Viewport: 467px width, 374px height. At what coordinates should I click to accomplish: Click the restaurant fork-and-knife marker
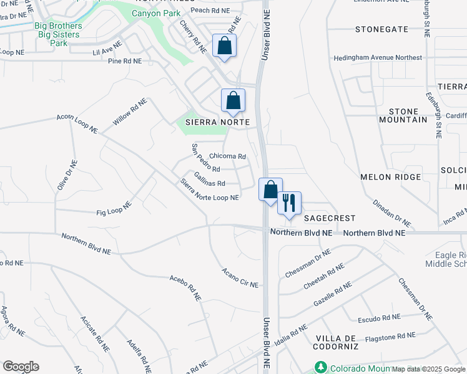tap(289, 203)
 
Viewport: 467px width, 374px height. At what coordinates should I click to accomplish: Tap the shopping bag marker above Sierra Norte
tap(233, 101)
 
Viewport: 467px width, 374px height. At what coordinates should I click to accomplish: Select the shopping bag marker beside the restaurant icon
tap(270, 190)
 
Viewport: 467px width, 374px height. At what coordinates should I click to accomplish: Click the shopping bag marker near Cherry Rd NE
tap(225, 46)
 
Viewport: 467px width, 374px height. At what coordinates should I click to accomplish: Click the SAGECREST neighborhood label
tap(330, 218)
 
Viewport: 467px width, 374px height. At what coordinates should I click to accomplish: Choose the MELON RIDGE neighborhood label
tap(391, 177)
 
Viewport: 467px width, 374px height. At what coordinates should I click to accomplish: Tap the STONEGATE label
tap(381, 29)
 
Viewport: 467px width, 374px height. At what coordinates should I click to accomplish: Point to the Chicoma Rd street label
tap(227, 156)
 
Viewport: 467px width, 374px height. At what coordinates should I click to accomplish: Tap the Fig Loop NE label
tap(114, 209)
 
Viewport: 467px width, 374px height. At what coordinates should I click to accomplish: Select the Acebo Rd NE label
tap(185, 288)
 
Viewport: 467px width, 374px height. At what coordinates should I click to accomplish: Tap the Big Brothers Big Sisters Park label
tap(58, 34)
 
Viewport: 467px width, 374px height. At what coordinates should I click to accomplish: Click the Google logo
tap(21, 367)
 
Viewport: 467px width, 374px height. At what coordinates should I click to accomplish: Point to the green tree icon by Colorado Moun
tap(321, 367)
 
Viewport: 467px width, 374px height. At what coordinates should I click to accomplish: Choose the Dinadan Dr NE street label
tap(393, 213)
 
